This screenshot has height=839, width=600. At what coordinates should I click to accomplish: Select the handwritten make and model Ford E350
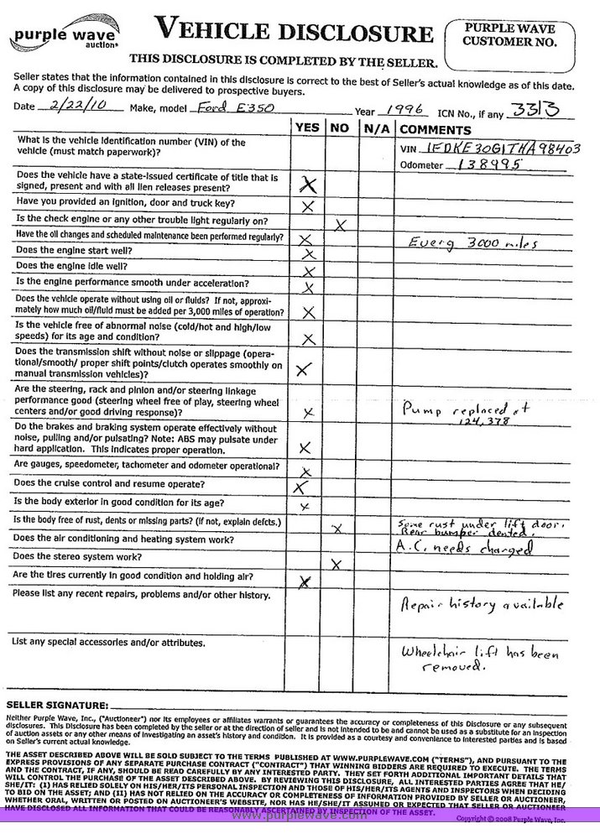click(221, 108)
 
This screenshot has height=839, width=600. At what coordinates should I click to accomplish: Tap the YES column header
click(307, 129)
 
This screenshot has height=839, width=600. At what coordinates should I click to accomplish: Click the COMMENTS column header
click(435, 130)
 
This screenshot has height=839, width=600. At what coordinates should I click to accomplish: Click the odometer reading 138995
click(489, 165)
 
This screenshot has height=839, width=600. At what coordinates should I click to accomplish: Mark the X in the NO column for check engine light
click(340, 224)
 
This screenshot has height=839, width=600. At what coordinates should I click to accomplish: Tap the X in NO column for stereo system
click(336, 565)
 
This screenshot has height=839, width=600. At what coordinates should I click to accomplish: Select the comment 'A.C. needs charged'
click(463, 548)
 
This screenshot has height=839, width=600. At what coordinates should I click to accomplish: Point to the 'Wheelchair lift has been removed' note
click(478, 659)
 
